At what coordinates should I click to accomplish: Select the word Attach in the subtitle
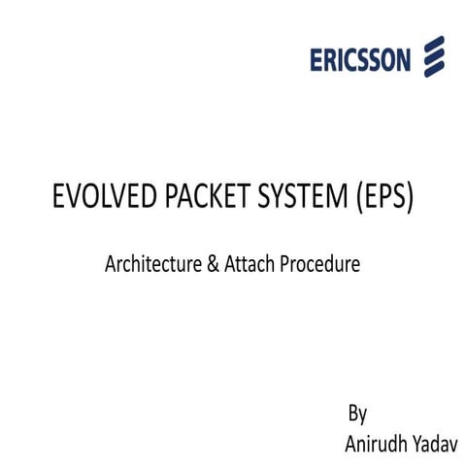250,263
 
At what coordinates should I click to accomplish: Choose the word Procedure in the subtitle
319,263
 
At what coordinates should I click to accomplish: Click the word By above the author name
357,415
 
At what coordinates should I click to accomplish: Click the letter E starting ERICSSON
317,60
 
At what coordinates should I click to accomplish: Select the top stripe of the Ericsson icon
433,44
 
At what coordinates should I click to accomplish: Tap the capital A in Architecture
110,263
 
